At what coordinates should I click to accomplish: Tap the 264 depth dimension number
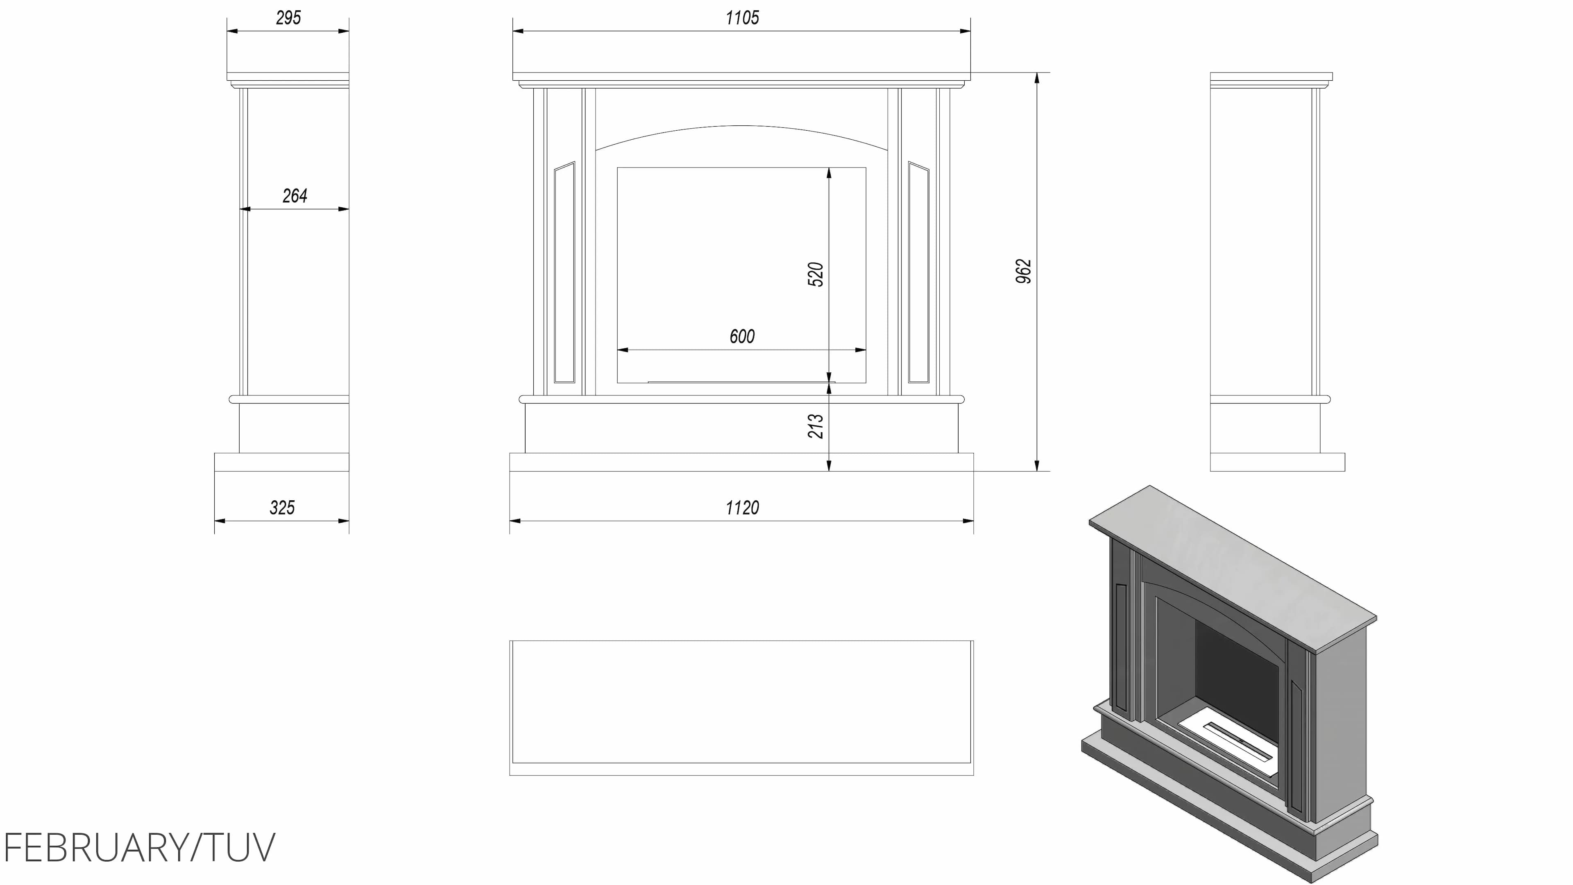point(295,196)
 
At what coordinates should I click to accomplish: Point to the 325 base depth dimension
point(282,508)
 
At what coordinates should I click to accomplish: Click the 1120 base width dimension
point(742,508)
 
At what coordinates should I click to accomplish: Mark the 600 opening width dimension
point(742,336)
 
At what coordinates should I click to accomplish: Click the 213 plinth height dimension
point(816,426)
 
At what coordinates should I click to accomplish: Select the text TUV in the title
point(239,848)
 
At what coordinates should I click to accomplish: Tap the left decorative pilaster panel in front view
point(564,272)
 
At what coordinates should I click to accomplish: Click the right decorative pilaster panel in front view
point(918,272)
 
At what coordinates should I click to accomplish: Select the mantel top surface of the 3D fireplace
point(1232,569)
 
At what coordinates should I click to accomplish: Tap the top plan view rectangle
point(741,708)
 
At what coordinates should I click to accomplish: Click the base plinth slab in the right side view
point(1278,462)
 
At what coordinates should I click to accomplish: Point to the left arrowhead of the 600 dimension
point(623,350)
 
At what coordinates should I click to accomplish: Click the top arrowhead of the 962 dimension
point(1037,78)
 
